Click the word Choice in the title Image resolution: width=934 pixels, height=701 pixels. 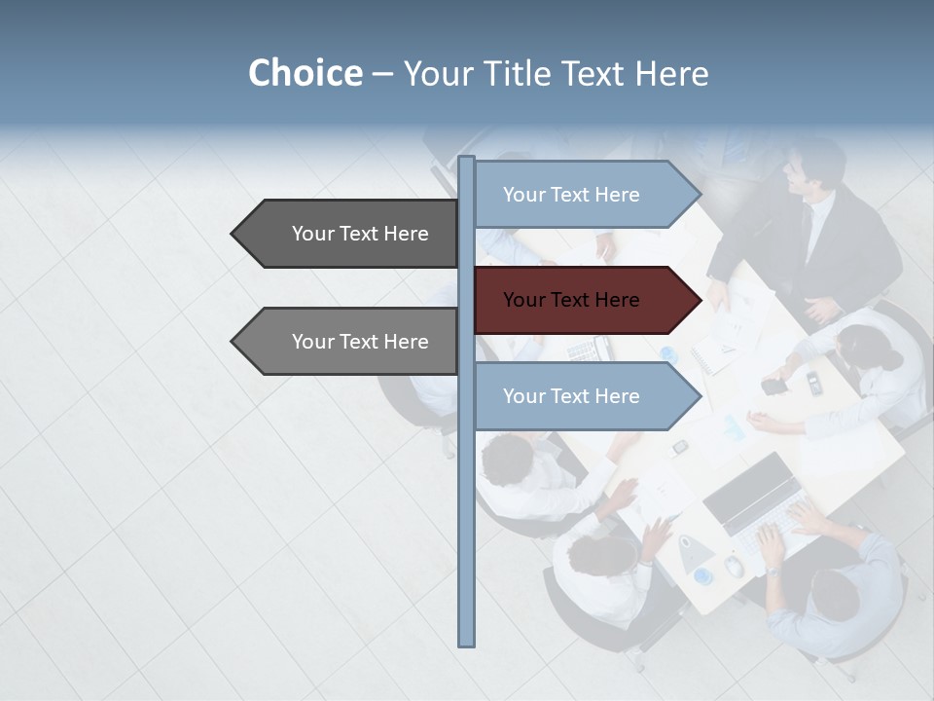point(305,73)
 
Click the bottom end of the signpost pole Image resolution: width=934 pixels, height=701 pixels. point(466,643)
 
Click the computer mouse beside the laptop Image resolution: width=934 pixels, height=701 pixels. point(735,566)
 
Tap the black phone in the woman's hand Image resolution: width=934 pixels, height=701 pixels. point(773,387)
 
